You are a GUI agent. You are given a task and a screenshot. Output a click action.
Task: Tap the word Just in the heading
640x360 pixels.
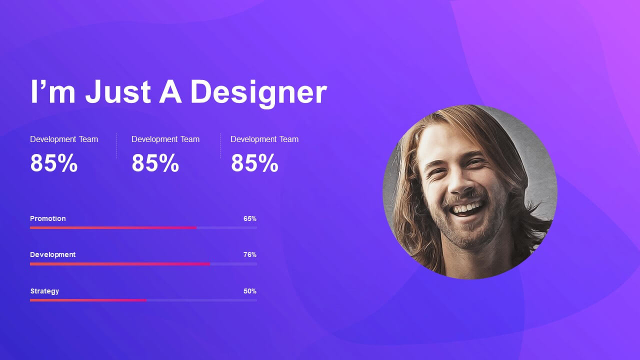click(118, 91)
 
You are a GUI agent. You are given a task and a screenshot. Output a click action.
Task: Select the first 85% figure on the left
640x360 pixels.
click(53, 163)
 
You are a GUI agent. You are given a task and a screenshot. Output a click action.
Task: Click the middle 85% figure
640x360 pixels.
click(155, 163)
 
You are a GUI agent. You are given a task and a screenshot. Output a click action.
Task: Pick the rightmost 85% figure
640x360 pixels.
click(254, 163)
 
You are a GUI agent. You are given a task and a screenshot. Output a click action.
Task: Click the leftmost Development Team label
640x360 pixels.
click(64, 139)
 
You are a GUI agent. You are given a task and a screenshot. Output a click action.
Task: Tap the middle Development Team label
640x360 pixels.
click(165, 139)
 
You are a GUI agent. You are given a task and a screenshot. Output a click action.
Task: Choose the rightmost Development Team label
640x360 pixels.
click(264, 139)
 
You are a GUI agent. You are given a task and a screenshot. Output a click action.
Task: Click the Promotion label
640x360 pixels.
click(47, 218)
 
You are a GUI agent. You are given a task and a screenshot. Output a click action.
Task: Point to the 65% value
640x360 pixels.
click(250, 218)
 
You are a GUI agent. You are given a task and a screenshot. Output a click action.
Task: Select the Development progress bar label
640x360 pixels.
click(53, 255)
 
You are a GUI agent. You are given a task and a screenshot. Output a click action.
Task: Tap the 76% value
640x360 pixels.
click(250, 254)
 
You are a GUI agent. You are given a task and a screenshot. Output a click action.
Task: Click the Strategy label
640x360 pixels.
click(44, 291)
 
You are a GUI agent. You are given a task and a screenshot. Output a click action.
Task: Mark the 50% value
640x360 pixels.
click(250, 291)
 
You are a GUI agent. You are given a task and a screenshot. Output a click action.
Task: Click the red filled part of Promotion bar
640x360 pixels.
click(113, 227)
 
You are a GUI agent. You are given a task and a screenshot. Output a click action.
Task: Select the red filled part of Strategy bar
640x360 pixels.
click(88, 300)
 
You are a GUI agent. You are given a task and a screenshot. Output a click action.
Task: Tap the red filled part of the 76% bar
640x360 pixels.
click(120, 264)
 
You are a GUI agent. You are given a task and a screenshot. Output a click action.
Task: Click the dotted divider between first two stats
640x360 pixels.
click(116, 145)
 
